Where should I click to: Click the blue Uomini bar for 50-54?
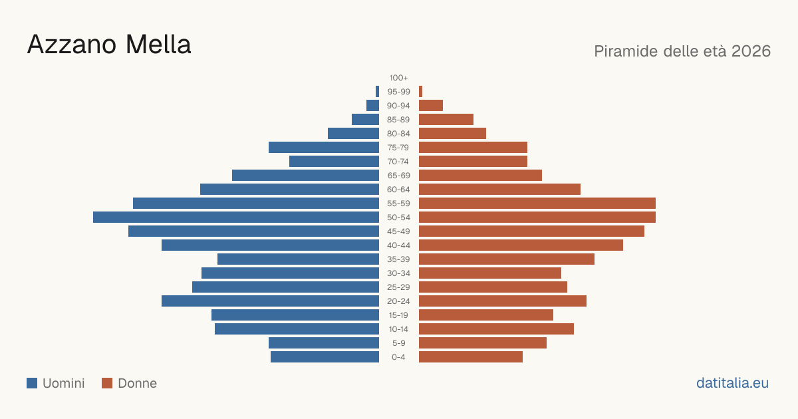click(236, 217)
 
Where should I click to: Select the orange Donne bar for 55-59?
click(537, 204)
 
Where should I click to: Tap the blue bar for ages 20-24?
click(270, 301)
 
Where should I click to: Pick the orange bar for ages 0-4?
click(471, 357)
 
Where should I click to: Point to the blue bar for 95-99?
click(377, 92)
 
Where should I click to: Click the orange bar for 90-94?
click(431, 106)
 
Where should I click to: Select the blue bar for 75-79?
click(324, 148)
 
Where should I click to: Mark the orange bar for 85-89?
click(446, 119)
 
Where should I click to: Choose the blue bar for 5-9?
click(324, 343)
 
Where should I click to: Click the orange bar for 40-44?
click(521, 245)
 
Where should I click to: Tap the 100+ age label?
click(398, 78)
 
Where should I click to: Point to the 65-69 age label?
click(398, 176)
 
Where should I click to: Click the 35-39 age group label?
click(398, 259)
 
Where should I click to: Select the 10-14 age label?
click(398, 329)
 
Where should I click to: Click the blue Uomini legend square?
click(32, 383)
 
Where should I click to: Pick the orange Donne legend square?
click(107, 383)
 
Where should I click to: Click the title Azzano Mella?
click(109, 45)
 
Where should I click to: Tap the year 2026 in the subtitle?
click(751, 51)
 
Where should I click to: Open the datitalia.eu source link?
click(732, 383)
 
